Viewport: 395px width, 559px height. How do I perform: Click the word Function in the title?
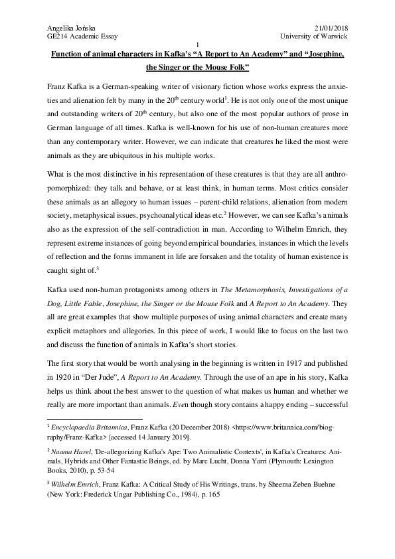pyautogui.click(x=69, y=53)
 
